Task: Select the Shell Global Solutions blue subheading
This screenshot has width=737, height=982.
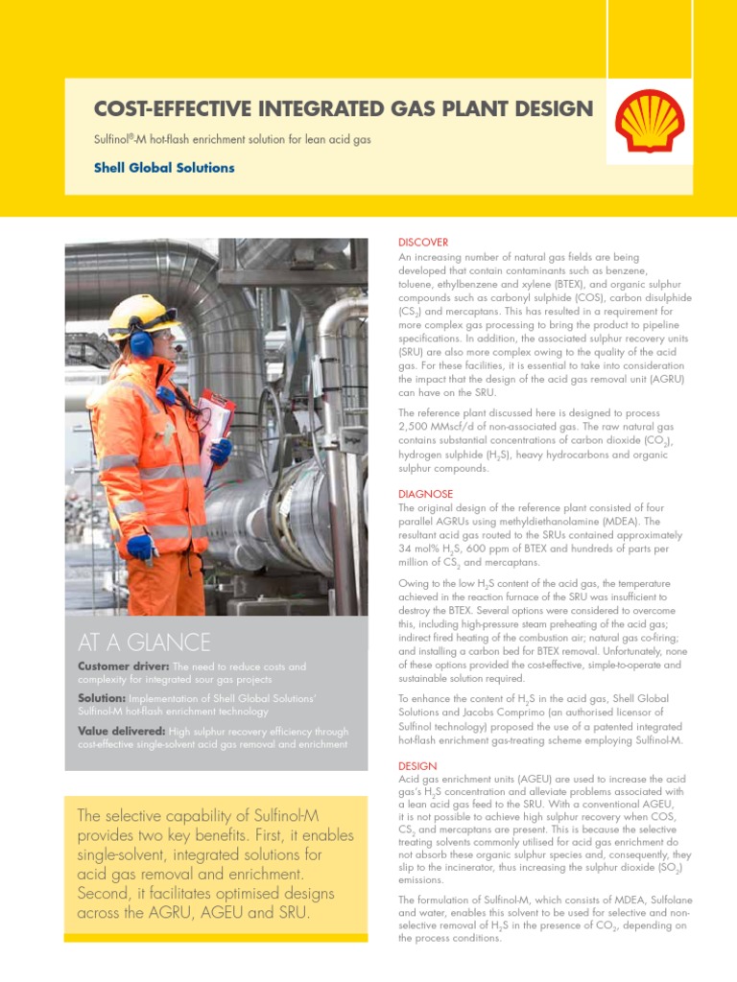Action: [x=164, y=168]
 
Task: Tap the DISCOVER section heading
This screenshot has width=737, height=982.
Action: [x=423, y=243]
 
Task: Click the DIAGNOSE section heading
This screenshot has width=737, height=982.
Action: [x=425, y=494]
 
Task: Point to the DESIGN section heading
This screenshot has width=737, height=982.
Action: [x=417, y=766]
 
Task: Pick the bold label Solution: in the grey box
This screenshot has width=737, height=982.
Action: [x=102, y=699]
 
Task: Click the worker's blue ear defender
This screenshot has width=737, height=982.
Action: [x=141, y=343]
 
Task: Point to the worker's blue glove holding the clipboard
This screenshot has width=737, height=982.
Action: [x=221, y=451]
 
